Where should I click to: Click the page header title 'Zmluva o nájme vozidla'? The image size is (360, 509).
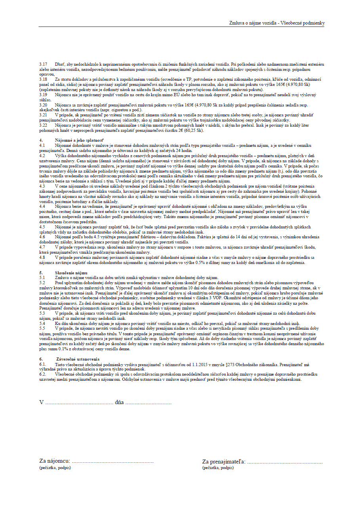[253, 23]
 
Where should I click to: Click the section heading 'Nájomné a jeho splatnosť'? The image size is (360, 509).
[79, 141]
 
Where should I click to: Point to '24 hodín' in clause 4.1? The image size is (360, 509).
[184, 151]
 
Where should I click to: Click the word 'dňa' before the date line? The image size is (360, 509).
[119, 403]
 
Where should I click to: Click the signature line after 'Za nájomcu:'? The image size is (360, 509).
[112, 462]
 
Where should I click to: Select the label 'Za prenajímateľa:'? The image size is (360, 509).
[224, 462]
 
